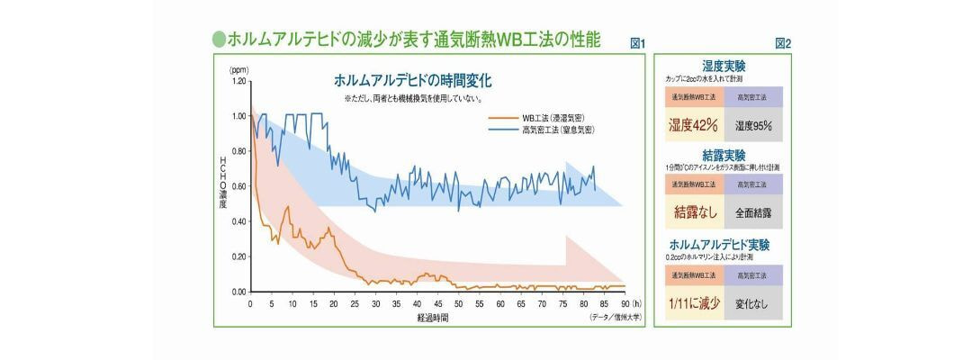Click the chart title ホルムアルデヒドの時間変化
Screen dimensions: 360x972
tap(412, 80)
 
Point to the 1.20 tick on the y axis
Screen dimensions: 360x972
tap(238, 81)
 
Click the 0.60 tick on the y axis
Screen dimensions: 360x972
tap(238, 186)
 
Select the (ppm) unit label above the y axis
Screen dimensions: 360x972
tap(238, 69)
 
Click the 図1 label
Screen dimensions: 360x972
tap(638, 43)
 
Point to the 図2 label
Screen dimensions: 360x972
tap(782, 43)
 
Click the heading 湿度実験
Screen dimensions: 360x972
tap(724, 66)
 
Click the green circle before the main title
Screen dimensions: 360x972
tap(218, 39)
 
